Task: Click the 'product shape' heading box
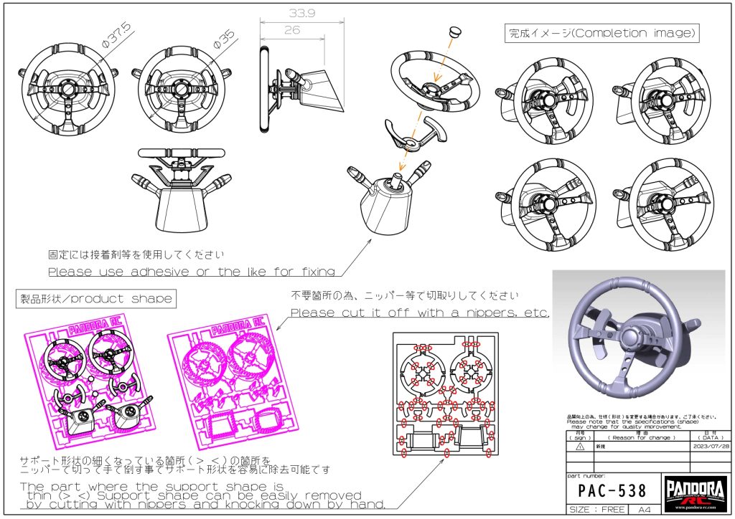(x=95, y=298)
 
